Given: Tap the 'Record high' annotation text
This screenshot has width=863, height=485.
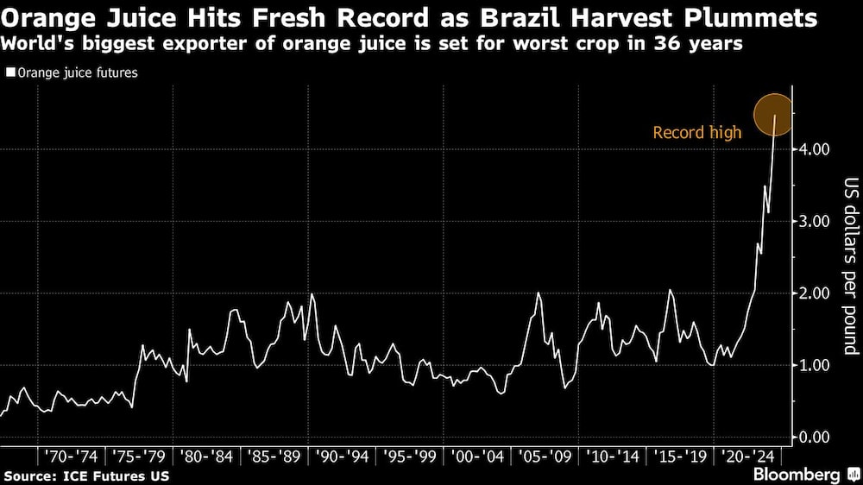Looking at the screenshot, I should [696, 133].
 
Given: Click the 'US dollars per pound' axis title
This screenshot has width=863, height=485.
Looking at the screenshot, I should [850, 267].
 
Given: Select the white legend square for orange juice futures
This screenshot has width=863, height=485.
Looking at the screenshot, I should [10, 73].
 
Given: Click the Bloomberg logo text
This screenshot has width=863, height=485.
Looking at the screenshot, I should [797, 475].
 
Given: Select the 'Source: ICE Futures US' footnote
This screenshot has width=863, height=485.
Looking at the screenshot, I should [86, 476].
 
